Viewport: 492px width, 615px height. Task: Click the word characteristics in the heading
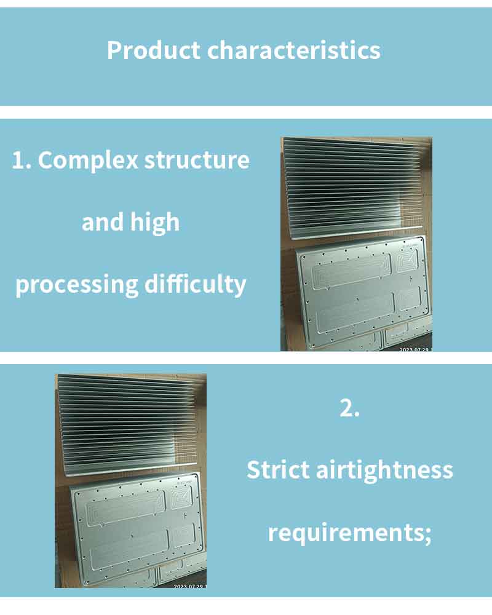click(294, 50)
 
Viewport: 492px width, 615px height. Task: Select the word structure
click(197, 161)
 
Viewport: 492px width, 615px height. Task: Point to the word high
click(155, 223)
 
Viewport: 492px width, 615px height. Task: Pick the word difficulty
click(195, 284)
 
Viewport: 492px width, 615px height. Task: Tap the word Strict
click(278, 469)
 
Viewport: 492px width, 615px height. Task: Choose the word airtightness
click(384, 469)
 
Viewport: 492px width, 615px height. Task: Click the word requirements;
click(349, 533)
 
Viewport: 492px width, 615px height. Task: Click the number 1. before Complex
click(22, 161)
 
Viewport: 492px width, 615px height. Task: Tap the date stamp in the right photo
click(416, 349)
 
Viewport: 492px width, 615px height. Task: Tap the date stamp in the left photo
click(190, 586)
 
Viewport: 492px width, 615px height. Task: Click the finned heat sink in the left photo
click(127, 424)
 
